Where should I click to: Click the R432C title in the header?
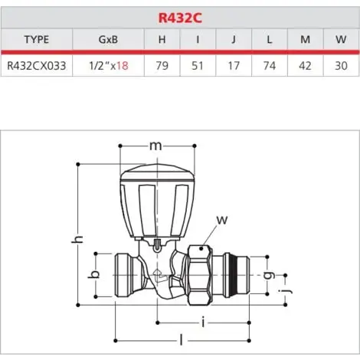coord(180,16)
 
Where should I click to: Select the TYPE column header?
coord(36,40)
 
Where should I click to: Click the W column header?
coord(340,40)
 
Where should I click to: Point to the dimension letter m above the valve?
coord(156,146)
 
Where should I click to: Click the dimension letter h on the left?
coord(75,241)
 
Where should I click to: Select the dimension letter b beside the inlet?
coord(95,275)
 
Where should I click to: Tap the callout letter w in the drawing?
coord(223,220)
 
